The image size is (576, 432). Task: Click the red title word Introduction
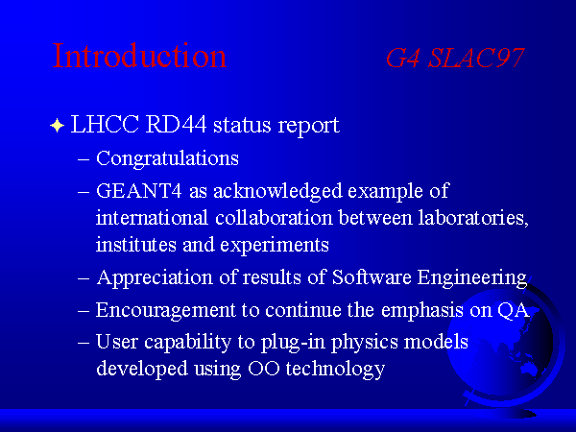coord(139,56)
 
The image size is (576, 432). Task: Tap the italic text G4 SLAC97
coord(455,58)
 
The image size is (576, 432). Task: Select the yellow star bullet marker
coord(58,125)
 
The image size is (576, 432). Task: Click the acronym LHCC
coord(105,124)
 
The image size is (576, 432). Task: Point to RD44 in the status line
coord(177,124)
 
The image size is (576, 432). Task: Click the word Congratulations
coord(167,158)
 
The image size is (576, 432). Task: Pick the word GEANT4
coord(139,191)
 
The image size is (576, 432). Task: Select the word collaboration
coord(274,218)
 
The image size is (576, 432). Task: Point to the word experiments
coord(275,246)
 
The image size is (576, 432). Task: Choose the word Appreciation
coord(155,277)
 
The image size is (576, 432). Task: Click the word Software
coord(372,277)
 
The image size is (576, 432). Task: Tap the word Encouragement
coord(166,310)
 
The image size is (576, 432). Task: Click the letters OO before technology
coord(264,369)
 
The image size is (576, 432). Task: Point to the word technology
coord(335,369)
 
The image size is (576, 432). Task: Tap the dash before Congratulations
coord(84,160)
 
